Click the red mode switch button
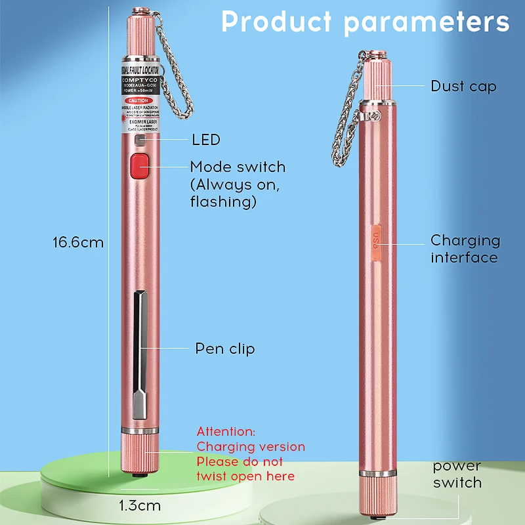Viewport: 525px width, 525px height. [140, 166]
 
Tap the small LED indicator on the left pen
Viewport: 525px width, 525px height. [140, 140]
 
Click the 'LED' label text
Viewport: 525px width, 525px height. [205, 140]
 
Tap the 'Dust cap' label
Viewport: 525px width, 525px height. [463, 86]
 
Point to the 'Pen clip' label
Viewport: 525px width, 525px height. [224, 348]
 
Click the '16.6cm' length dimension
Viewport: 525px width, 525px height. [78, 242]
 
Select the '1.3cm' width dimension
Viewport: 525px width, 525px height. [139, 506]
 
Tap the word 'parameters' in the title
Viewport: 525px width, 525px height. [427, 22]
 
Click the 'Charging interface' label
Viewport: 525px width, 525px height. [465, 249]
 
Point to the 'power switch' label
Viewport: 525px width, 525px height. [457, 474]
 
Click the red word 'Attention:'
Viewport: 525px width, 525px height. [226, 431]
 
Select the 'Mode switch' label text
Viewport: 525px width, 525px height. [238, 167]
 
